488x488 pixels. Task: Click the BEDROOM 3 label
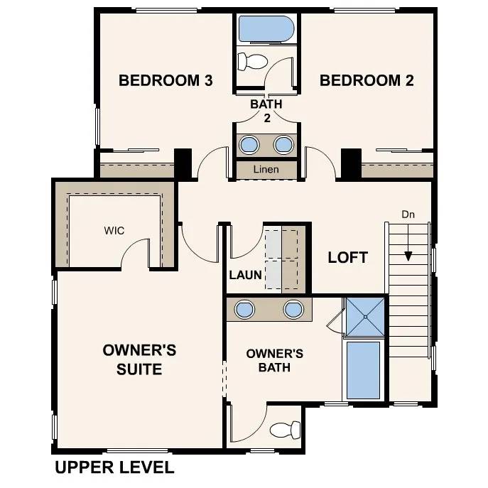click(x=166, y=80)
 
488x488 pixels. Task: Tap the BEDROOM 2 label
click(x=367, y=80)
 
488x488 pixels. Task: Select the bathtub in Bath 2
click(x=266, y=29)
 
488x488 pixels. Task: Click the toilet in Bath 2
click(x=250, y=61)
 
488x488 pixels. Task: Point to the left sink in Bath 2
click(x=249, y=145)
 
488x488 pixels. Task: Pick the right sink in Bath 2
click(x=283, y=145)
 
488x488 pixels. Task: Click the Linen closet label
click(x=266, y=170)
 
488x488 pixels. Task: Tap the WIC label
click(x=115, y=231)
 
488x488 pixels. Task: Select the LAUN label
click(x=246, y=275)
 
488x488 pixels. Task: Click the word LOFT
click(x=347, y=257)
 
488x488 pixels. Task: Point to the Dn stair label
click(x=408, y=213)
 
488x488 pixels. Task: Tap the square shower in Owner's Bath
click(x=365, y=316)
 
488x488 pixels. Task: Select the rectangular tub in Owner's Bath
click(x=363, y=369)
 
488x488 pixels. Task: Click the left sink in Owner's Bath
click(x=244, y=310)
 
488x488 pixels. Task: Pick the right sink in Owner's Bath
click(x=293, y=310)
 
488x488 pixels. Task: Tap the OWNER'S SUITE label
click(x=139, y=359)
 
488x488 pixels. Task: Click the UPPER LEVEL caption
click(x=114, y=467)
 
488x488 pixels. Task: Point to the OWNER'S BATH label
click(x=275, y=360)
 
